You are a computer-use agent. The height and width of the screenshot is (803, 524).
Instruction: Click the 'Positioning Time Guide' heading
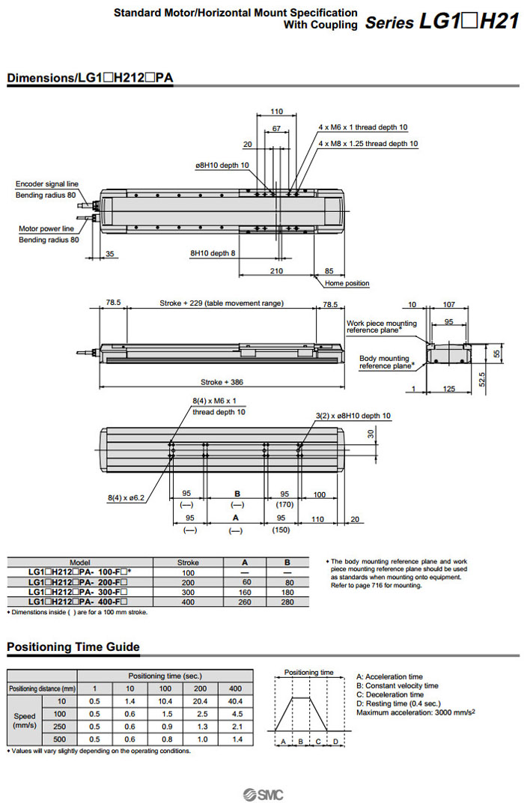73,647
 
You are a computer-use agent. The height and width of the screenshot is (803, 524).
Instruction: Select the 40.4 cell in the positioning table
235,701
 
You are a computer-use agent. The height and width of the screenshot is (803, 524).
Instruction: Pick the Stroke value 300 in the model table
188,592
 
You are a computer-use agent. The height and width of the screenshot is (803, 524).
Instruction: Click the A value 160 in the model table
244,592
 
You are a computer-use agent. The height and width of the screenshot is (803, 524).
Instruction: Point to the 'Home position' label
347,283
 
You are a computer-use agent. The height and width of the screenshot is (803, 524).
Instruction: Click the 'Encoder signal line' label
46,184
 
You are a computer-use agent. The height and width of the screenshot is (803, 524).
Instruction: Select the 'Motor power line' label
46,228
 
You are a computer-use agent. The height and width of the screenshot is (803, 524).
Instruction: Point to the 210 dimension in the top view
276,270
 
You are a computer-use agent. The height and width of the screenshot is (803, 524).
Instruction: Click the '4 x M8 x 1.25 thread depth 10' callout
368,143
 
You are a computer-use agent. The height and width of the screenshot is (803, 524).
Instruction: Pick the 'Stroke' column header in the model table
188,562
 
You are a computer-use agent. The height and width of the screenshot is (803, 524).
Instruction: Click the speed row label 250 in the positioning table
63,726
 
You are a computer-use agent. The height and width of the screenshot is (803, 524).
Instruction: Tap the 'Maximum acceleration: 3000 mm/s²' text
415,712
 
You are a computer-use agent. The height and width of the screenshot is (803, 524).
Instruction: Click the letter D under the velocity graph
335,741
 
